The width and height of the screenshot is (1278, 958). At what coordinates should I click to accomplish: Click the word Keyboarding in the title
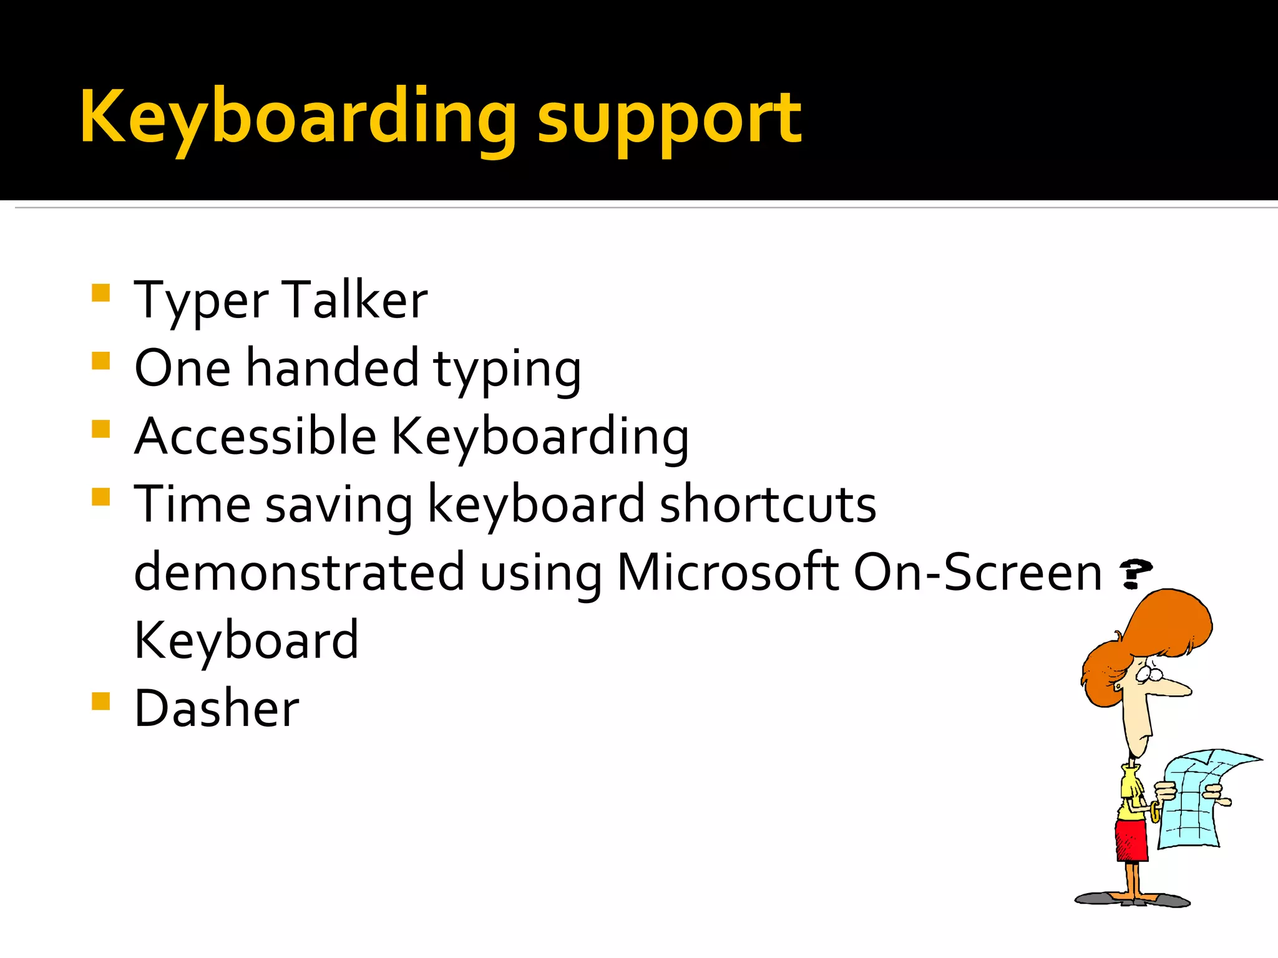tap(298, 119)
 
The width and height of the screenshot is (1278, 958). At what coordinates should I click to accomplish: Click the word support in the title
tap(669, 122)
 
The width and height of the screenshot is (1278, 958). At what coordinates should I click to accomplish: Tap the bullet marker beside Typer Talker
tap(100, 293)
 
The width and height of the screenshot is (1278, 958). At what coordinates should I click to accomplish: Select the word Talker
tap(354, 300)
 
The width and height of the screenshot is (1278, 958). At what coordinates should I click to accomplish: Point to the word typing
tap(507, 371)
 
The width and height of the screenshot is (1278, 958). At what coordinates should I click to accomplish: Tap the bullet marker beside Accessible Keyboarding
tap(100, 429)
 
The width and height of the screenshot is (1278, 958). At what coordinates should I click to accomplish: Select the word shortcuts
tap(768, 504)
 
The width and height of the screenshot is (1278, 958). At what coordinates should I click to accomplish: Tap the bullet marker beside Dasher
tap(100, 702)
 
